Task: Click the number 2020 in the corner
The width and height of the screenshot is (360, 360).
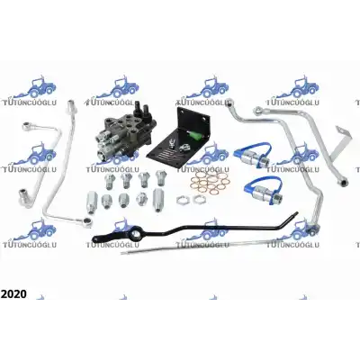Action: click(x=13, y=293)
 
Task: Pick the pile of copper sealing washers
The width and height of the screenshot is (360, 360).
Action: click(x=211, y=183)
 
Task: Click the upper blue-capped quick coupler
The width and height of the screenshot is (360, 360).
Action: click(x=254, y=153)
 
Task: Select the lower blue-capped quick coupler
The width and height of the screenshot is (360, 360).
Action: click(x=264, y=190)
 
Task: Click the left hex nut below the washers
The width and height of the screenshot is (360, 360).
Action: click(x=183, y=200)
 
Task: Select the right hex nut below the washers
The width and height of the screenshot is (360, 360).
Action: click(x=197, y=199)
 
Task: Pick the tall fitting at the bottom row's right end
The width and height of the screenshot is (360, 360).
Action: click(x=157, y=199)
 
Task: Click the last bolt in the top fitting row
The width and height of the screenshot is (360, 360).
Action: click(x=160, y=177)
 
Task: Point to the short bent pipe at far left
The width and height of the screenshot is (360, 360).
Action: click(x=38, y=165)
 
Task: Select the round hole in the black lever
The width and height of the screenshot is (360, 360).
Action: click(x=134, y=235)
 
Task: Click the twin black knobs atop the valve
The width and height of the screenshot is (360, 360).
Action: click(x=141, y=110)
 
